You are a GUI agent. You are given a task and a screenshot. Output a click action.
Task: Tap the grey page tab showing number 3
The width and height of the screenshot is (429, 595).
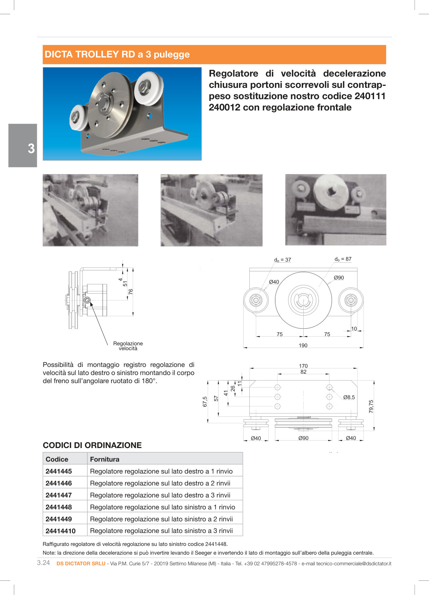tap(23, 146)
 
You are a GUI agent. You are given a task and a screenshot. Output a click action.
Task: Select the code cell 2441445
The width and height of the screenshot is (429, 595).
tap(59, 471)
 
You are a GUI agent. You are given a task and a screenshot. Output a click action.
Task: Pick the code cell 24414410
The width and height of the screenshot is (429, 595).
tap(61, 531)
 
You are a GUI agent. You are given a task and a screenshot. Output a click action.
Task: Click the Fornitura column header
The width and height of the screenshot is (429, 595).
tap(105, 459)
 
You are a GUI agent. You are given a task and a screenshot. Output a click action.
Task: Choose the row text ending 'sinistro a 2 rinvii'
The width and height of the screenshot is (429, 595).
tap(161, 519)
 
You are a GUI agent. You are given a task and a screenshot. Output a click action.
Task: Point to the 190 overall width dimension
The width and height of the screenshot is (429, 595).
tap(303, 345)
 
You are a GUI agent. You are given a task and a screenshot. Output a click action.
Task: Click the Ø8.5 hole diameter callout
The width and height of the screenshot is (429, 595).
tap(349, 397)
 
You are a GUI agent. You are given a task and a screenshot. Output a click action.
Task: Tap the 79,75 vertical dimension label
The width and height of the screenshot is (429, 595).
tap(371, 406)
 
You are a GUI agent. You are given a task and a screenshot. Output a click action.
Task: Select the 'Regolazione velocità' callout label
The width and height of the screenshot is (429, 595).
tap(128, 346)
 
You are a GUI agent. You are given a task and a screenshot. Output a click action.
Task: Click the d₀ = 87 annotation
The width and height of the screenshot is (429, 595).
tap(343, 259)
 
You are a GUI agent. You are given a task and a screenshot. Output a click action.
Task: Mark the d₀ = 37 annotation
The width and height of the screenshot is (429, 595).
tap(283, 260)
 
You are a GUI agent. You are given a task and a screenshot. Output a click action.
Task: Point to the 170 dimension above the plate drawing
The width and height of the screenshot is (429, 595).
tap(303, 366)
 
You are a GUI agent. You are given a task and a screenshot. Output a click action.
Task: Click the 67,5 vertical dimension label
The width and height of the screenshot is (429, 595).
tap(205, 402)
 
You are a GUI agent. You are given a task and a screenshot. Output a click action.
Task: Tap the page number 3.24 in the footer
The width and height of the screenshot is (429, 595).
tap(44, 563)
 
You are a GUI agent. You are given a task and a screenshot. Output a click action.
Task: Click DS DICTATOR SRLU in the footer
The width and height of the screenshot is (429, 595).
tap(81, 563)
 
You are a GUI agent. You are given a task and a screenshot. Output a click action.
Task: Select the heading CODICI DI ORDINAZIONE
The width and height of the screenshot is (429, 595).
tap(92, 445)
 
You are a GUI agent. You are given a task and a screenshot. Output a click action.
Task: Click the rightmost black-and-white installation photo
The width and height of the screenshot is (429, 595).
tap(336, 210)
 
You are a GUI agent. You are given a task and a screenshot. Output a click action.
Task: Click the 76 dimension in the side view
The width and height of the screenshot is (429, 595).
tap(131, 291)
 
